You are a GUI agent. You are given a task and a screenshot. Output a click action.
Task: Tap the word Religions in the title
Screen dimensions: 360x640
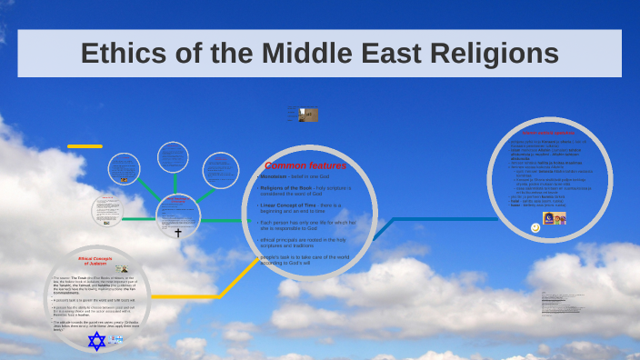(x=489, y=54)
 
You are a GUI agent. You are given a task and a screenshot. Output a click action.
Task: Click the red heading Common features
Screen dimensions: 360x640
(x=305, y=165)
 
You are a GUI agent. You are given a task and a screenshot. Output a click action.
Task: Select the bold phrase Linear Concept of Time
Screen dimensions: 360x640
(x=283, y=205)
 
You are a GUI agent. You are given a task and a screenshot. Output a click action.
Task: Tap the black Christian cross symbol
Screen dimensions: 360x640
(x=178, y=233)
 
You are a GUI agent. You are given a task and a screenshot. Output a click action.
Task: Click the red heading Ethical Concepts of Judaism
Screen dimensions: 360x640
(x=94, y=261)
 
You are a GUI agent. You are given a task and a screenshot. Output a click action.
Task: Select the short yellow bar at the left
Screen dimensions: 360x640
(x=85, y=146)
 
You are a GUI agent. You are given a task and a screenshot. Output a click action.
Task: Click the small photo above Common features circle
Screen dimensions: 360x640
(x=308, y=115)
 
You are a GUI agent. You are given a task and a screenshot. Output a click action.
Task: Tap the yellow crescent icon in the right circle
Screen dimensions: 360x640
(x=535, y=227)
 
